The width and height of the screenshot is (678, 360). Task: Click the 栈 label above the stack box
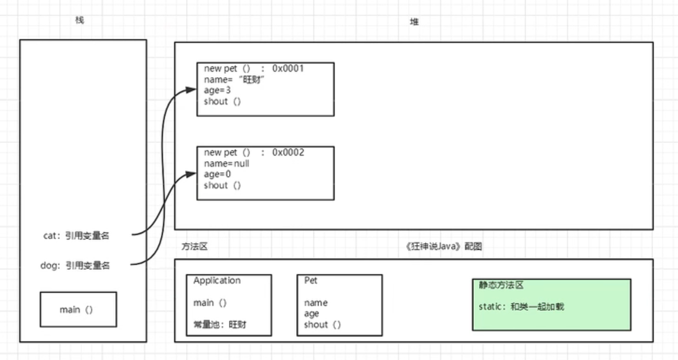79,20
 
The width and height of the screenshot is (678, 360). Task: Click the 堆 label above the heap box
414,22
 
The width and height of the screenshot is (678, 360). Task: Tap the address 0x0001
288,68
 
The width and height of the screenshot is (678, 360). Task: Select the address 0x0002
288,152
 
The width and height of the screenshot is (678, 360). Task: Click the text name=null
226,164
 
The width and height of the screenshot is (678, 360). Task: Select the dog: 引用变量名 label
75,265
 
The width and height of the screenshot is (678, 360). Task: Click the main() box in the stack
78,309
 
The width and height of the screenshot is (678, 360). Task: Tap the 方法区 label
195,246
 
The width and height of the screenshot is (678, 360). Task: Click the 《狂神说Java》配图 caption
443,246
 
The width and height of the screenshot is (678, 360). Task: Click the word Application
216,280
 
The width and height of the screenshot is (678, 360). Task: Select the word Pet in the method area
311,280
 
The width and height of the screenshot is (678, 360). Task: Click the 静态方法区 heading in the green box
501,285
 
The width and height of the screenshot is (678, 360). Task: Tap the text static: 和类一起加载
521,307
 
